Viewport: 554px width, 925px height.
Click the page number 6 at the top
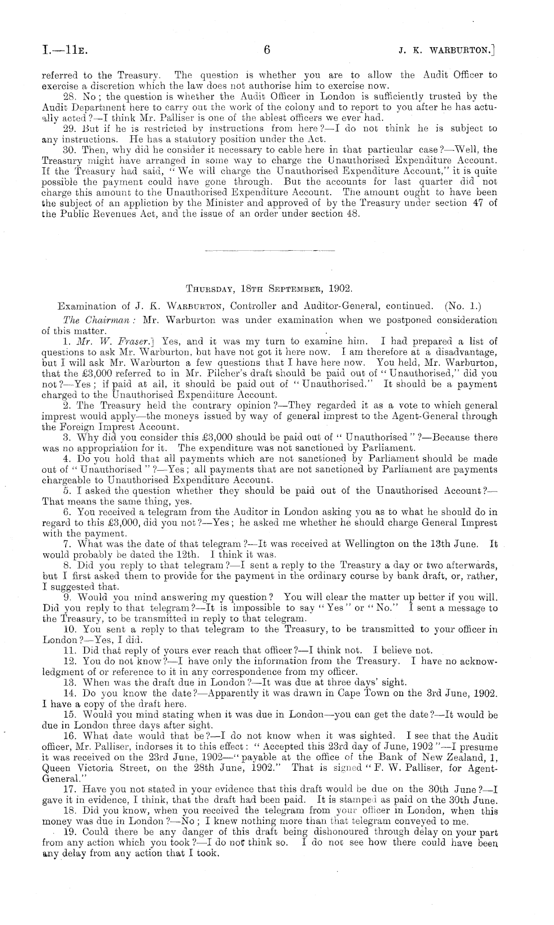tap(267, 50)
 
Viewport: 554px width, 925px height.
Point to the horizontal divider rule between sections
tap(270, 249)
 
